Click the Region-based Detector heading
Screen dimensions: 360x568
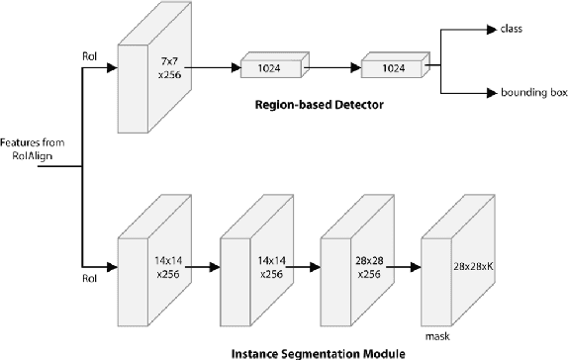coord(319,103)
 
